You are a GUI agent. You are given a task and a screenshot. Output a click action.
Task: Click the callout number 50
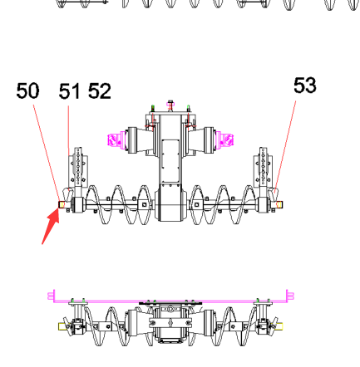pos(27,91)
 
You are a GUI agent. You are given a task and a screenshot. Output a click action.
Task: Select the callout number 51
pos(70,91)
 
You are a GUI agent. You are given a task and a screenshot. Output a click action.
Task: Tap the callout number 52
pos(100,91)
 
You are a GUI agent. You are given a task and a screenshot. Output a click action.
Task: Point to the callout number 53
pos(305,86)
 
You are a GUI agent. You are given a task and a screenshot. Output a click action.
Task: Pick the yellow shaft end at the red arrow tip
pos(62,204)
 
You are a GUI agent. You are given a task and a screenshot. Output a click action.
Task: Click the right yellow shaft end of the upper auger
pos(279,204)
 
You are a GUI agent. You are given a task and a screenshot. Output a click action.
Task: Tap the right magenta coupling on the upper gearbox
pos(224,139)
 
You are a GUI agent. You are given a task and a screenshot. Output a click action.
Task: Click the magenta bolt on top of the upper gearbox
pos(170,105)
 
